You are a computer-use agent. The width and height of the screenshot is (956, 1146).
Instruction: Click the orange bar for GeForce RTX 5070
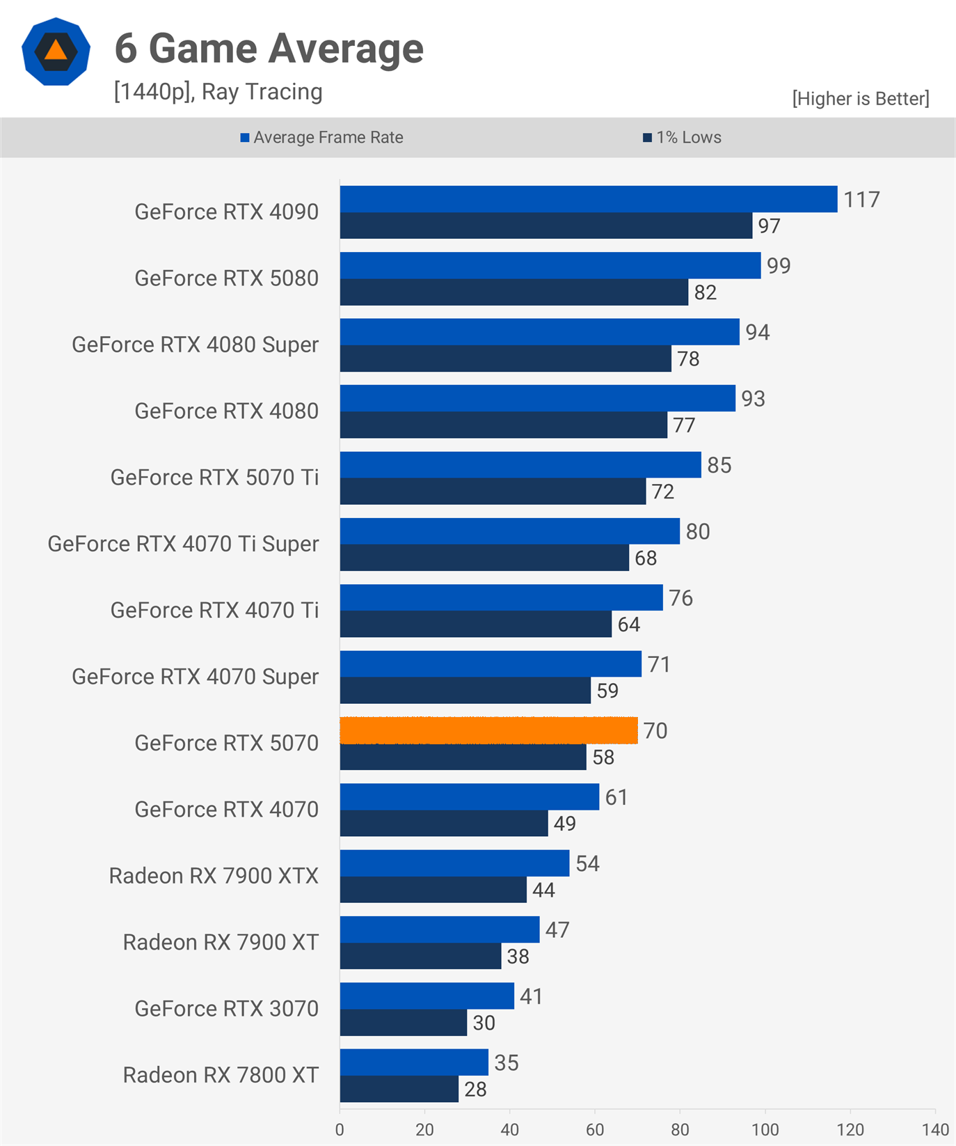(x=488, y=730)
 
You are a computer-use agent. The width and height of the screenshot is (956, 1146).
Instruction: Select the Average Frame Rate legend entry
(x=321, y=137)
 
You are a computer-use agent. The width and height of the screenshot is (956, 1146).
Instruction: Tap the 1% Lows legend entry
(x=682, y=137)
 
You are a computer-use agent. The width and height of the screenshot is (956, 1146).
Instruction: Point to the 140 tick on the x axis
(x=935, y=1129)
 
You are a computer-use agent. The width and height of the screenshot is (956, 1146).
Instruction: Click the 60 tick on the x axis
(x=595, y=1129)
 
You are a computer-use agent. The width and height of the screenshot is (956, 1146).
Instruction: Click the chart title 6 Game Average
(x=269, y=49)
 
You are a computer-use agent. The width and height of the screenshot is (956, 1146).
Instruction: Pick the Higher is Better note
(x=860, y=99)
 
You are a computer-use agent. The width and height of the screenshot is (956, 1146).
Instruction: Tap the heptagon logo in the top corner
(x=56, y=52)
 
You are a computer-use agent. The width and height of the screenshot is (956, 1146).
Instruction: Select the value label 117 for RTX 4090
(x=861, y=200)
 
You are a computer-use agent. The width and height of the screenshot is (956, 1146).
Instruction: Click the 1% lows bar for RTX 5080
(x=513, y=292)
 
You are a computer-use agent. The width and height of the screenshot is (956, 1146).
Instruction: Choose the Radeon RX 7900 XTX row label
(x=214, y=876)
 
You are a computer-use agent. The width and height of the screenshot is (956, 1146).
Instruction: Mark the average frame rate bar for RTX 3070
(x=427, y=996)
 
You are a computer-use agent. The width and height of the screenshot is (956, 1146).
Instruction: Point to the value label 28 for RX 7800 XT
(x=475, y=1089)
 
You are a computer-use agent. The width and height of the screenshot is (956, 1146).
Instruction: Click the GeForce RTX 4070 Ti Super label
(x=183, y=544)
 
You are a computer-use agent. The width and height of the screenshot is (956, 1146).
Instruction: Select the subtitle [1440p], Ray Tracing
(x=218, y=92)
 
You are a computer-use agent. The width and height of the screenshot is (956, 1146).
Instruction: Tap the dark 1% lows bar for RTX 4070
(x=444, y=824)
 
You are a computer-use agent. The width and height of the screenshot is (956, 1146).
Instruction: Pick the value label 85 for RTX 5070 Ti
(x=719, y=465)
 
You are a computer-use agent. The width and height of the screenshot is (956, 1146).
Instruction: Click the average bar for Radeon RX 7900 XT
(x=439, y=929)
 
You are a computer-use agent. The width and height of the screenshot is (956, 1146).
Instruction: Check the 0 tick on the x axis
(x=340, y=1129)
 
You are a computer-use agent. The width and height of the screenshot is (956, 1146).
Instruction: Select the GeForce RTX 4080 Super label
(x=195, y=345)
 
